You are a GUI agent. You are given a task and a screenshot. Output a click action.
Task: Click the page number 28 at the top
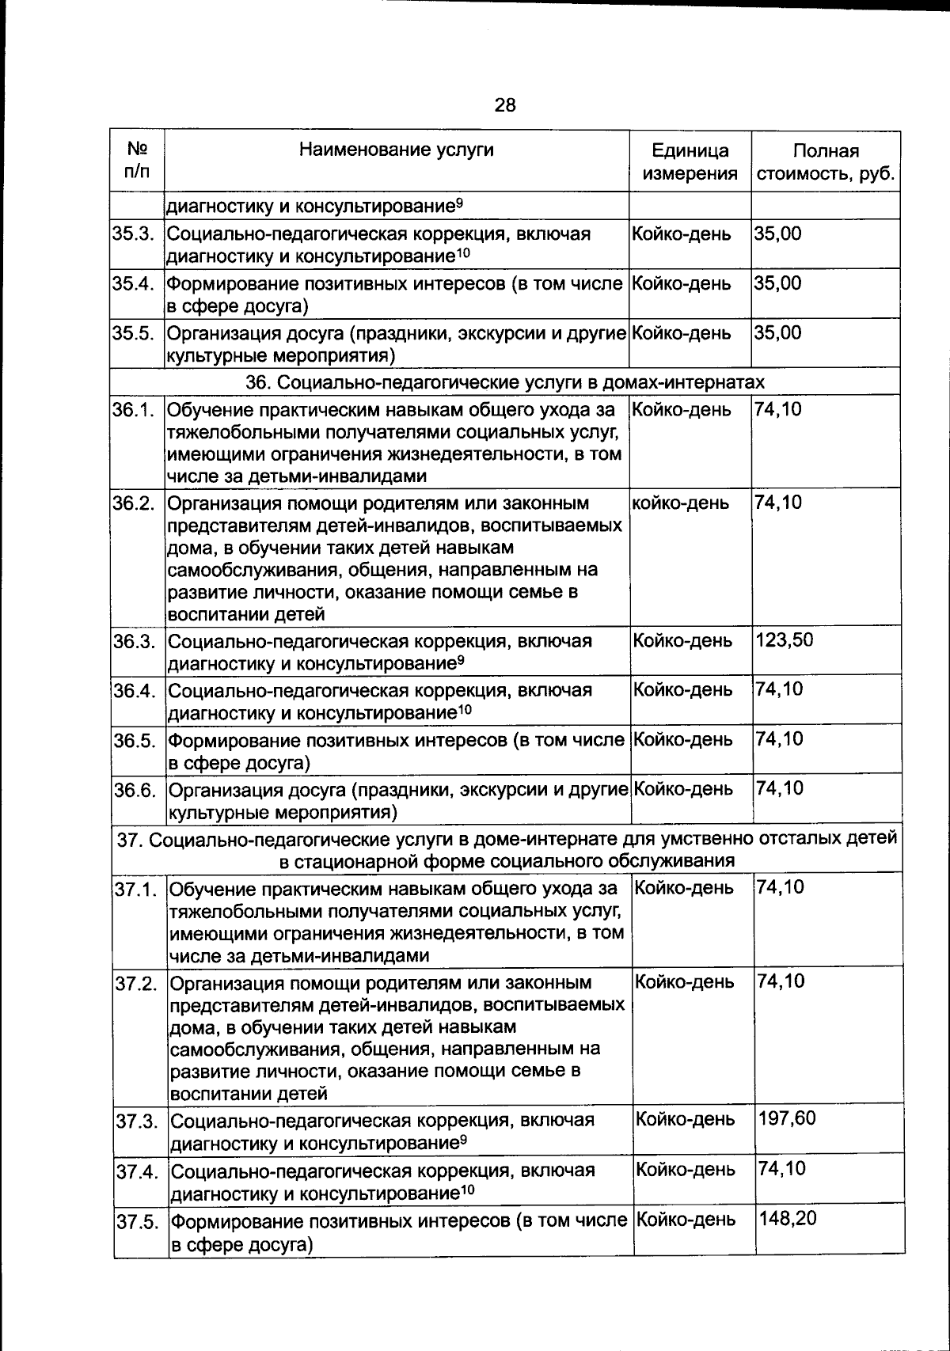(x=505, y=104)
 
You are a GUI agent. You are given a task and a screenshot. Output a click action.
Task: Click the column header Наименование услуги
(x=396, y=150)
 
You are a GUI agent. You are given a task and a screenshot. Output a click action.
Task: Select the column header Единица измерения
(x=690, y=162)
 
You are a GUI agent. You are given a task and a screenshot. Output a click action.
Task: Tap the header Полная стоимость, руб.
(x=826, y=162)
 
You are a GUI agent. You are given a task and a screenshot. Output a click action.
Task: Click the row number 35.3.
(x=137, y=234)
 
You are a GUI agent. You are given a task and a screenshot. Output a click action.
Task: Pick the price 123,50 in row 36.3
(x=785, y=640)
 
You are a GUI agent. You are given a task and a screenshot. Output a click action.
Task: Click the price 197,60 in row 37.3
(x=787, y=1119)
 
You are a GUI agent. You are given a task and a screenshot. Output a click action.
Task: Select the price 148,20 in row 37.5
(x=787, y=1218)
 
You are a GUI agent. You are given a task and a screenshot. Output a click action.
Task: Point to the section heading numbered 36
(x=505, y=382)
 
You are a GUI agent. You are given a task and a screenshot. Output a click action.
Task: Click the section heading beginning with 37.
(x=507, y=848)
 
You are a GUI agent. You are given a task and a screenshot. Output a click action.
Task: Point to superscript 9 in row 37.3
(x=462, y=1140)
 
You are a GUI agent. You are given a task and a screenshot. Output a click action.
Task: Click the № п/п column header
(x=137, y=160)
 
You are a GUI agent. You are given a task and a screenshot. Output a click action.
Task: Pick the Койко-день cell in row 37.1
(x=685, y=888)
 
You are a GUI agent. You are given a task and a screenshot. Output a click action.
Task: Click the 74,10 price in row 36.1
(x=778, y=410)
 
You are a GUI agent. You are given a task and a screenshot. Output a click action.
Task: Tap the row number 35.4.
(x=137, y=283)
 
